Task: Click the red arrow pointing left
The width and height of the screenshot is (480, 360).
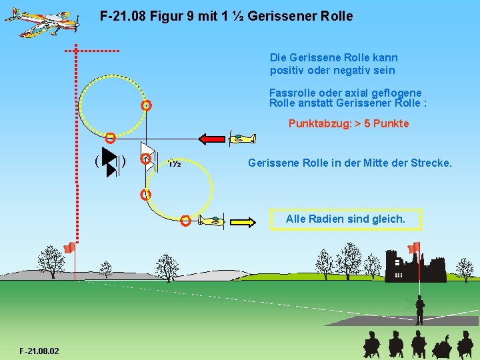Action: pos(213,139)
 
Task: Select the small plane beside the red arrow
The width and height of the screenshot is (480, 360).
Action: pos(241,139)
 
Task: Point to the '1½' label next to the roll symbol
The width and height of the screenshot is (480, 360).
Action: pos(175,163)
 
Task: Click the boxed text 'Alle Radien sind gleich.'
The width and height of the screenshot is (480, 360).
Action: pos(345,219)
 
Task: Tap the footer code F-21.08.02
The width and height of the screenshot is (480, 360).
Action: pos(39,351)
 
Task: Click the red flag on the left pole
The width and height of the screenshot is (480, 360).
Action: pos(68,248)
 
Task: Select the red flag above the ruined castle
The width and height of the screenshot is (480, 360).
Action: pos(414,247)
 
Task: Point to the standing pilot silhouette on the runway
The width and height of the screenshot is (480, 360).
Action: pos(419,310)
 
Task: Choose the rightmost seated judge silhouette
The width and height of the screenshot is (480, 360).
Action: pos(466,346)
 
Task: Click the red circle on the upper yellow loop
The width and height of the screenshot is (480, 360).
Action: pos(147,105)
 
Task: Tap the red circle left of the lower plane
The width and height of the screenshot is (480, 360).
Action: pos(185,221)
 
